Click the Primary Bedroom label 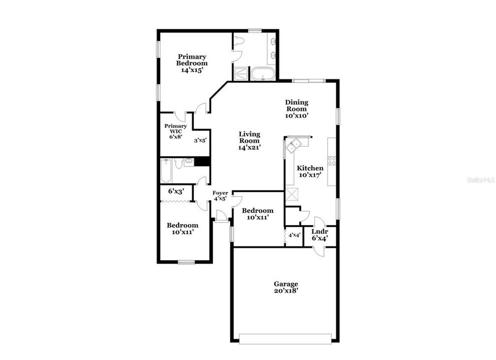pos(192,63)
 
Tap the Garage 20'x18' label pos(286,287)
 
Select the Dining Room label pos(297,108)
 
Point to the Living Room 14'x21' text pos(249,140)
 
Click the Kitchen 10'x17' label pos(310,171)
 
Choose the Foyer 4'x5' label pos(220,195)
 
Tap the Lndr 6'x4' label pos(319,234)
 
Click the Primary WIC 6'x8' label pos(176,131)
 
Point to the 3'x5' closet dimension pos(200,140)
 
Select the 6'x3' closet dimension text pos(176,191)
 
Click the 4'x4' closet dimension pos(294,235)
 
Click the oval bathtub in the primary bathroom pos(263,73)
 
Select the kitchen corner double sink pos(294,145)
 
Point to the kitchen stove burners pos(331,160)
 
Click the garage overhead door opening pos(285,338)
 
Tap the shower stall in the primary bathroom pos(241,73)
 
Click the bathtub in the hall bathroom pos(166,170)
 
